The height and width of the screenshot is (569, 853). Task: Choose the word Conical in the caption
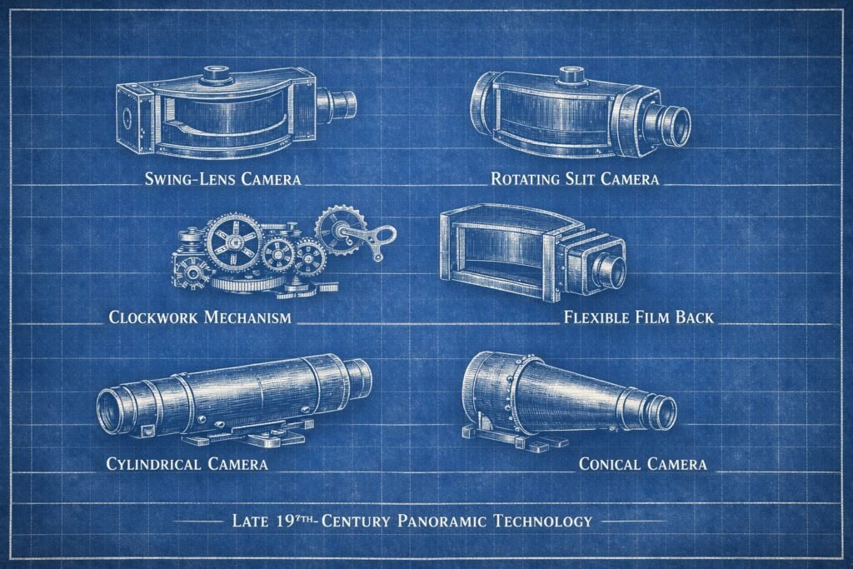click(x=610, y=464)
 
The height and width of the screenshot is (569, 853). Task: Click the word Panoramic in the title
click(x=441, y=522)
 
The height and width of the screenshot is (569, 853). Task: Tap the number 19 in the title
click(x=285, y=522)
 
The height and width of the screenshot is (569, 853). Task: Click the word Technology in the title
click(x=543, y=522)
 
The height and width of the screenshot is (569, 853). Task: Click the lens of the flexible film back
click(x=611, y=269)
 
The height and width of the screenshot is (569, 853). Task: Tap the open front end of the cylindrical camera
click(x=113, y=412)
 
